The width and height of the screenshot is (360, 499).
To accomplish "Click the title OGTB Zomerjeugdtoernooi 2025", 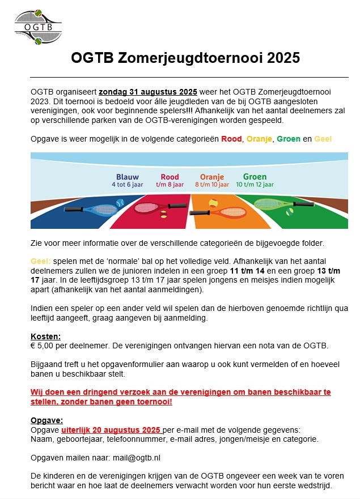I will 185,58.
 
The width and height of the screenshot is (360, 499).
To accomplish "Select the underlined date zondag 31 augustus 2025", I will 147,92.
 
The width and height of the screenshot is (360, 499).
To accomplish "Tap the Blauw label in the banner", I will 128,177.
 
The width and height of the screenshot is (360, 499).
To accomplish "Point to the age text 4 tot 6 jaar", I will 128,185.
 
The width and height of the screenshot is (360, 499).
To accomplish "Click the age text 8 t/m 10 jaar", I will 211,185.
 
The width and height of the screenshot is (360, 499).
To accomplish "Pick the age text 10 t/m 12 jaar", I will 255,185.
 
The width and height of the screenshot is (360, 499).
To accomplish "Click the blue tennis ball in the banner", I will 120,202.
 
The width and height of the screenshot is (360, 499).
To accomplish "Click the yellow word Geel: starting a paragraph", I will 41,262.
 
